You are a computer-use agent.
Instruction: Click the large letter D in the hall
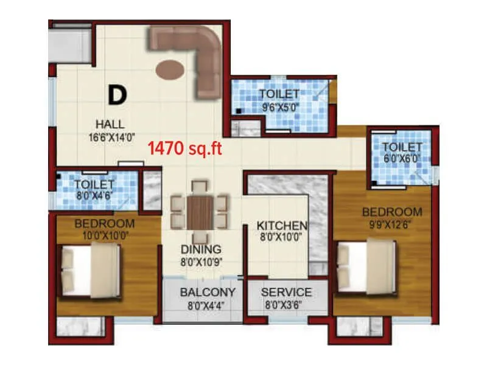click(x=117, y=94)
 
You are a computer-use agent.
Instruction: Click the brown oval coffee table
click(x=168, y=69)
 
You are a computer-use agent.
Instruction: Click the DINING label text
click(x=200, y=249)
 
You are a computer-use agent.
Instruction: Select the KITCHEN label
click(x=281, y=225)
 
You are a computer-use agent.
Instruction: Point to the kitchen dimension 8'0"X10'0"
click(x=281, y=237)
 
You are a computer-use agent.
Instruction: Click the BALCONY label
click(x=208, y=293)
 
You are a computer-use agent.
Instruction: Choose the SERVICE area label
click(x=286, y=293)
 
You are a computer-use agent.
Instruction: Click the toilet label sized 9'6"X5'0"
click(x=279, y=94)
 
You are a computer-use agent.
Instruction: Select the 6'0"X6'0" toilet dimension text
click(x=402, y=159)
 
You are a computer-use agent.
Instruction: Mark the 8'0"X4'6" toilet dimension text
click(x=95, y=196)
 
